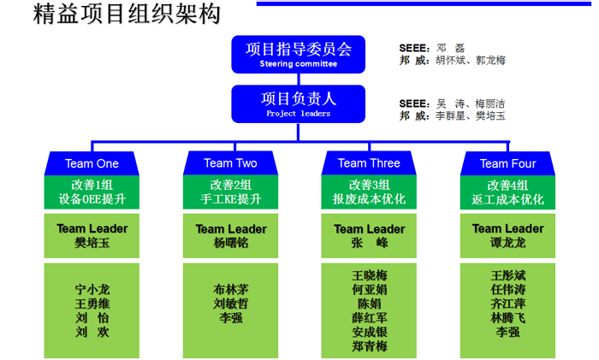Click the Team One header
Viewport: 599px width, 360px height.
click(x=92, y=163)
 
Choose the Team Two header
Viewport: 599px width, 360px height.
click(x=230, y=163)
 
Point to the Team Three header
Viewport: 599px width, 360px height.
click(x=369, y=163)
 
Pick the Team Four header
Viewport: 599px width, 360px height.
click(x=507, y=163)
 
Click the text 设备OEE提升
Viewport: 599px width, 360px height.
click(x=92, y=199)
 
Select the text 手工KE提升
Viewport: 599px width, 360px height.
click(x=230, y=199)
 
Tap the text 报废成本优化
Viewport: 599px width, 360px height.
click(x=369, y=199)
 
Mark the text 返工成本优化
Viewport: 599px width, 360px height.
click(x=507, y=199)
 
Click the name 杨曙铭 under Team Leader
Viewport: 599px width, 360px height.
click(x=230, y=243)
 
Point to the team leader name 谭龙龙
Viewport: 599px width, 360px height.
click(x=507, y=243)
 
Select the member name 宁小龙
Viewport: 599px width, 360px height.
click(x=92, y=289)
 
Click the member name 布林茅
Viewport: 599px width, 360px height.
click(x=230, y=289)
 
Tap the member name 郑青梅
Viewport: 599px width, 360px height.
click(x=369, y=346)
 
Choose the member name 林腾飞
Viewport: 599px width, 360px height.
click(x=507, y=318)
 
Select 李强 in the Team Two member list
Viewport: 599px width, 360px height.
click(x=230, y=318)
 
